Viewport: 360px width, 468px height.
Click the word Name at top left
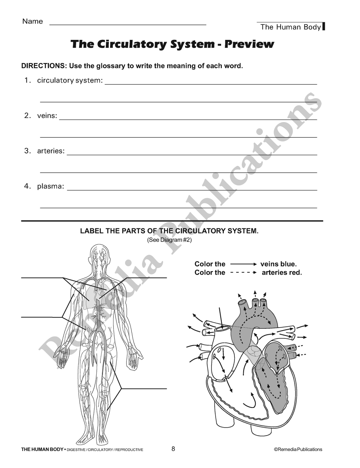(32, 21)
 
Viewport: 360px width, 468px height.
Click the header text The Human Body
(290, 27)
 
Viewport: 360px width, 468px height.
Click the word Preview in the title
(249, 44)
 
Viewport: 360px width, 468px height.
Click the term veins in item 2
(47, 116)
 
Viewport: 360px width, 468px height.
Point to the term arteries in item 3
(51, 151)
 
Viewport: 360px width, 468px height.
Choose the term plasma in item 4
(50, 186)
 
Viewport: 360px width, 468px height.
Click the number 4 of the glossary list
(27, 186)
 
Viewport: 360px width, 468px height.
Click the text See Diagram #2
(169, 240)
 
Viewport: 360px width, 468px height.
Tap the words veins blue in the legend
(278, 264)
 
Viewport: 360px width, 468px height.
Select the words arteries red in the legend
(282, 273)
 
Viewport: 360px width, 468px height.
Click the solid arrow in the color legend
(243, 264)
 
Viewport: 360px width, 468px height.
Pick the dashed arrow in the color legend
(243, 273)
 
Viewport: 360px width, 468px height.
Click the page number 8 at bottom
(173, 449)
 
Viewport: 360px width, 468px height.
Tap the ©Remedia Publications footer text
(298, 449)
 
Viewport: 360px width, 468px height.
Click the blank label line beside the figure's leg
(144, 388)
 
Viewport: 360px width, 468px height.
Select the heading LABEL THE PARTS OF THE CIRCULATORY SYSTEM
(169, 231)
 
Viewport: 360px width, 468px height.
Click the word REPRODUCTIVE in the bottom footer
(129, 450)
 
